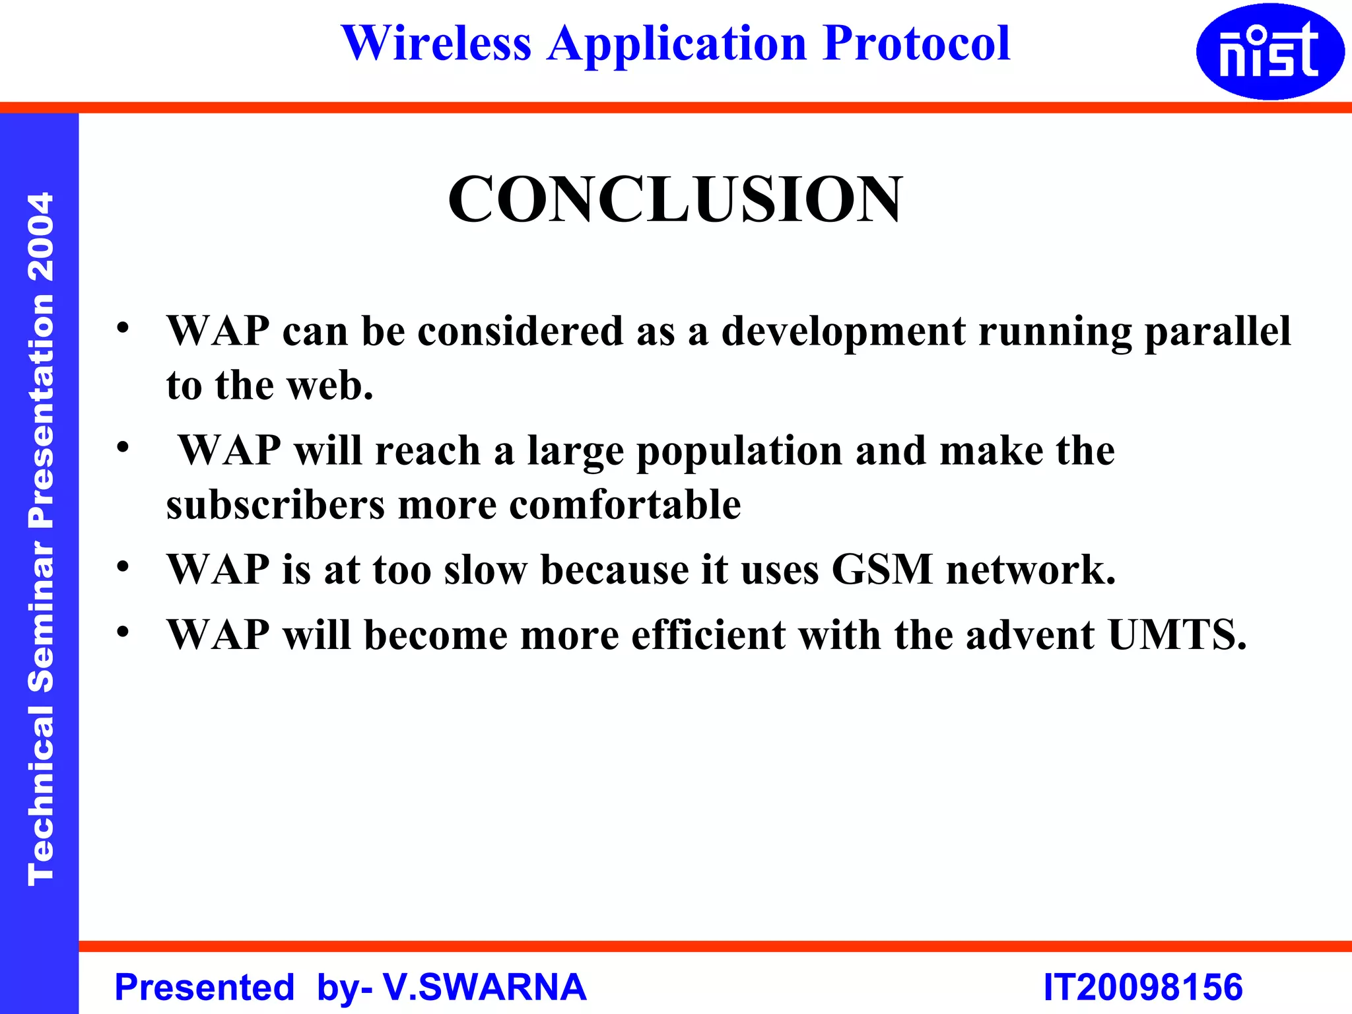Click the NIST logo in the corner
point(1269,51)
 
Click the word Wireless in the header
point(436,44)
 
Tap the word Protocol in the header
point(917,44)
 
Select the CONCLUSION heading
point(675,199)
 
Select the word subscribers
point(275,505)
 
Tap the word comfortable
point(625,505)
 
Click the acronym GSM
point(882,569)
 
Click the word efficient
point(708,635)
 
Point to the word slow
point(485,570)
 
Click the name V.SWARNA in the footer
point(485,987)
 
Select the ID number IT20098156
point(1143,987)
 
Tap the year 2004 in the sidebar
point(41,236)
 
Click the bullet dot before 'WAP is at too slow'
point(123,567)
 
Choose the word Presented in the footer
point(205,988)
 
